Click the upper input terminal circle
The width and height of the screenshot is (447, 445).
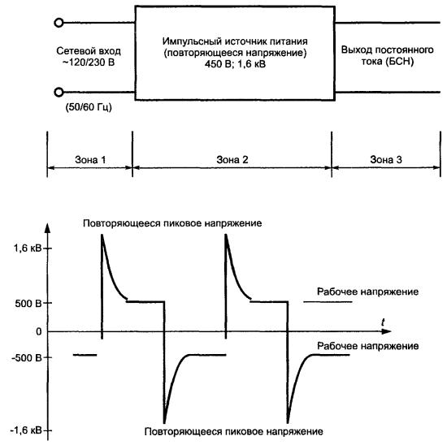[59, 23]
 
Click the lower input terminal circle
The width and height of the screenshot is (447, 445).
[59, 93]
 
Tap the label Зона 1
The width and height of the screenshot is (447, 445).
[90, 160]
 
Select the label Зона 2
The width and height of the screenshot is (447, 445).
[232, 159]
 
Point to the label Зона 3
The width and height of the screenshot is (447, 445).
[386, 159]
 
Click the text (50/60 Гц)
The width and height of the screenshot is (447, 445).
[89, 107]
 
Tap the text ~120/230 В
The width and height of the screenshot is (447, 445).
[89, 62]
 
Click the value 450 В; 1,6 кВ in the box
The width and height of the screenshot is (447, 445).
[235, 64]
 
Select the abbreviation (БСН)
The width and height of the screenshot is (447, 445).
[400, 62]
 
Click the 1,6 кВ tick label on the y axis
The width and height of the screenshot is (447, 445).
[28, 248]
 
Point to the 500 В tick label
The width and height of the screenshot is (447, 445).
[28, 304]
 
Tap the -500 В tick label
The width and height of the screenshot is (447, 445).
[27, 358]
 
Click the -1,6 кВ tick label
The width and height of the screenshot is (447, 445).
[26, 430]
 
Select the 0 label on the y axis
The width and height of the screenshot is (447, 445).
[39, 331]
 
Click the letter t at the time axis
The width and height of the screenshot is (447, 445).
[383, 322]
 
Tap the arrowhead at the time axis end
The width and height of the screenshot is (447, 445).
[387, 331]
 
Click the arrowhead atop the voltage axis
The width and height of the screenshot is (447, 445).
[48, 229]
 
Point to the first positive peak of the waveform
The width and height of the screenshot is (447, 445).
[102, 235]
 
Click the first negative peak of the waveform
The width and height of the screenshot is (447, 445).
[164, 423]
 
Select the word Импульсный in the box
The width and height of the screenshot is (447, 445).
[192, 41]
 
